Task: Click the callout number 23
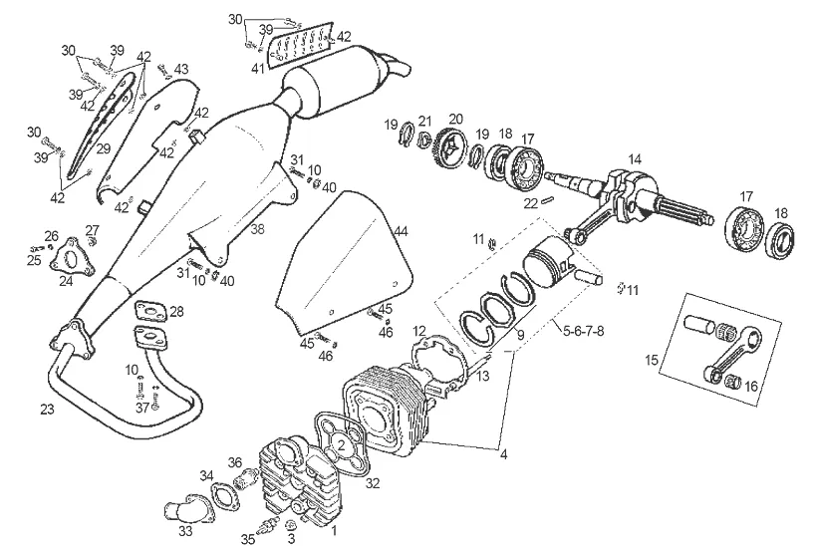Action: point(47,410)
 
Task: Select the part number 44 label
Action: point(401,231)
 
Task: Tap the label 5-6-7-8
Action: point(583,331)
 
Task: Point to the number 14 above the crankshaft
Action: point(634,159)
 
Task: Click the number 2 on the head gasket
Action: point(341,444)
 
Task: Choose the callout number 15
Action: point(653,360)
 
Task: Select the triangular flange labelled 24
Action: point(70,256)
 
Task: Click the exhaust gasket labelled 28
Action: point(150,313)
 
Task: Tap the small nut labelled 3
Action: point(291,524)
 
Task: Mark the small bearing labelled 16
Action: point(732,383)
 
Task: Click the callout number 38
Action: point(257,229)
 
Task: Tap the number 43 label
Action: point(181,69)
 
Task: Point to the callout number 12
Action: point(419,331)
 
